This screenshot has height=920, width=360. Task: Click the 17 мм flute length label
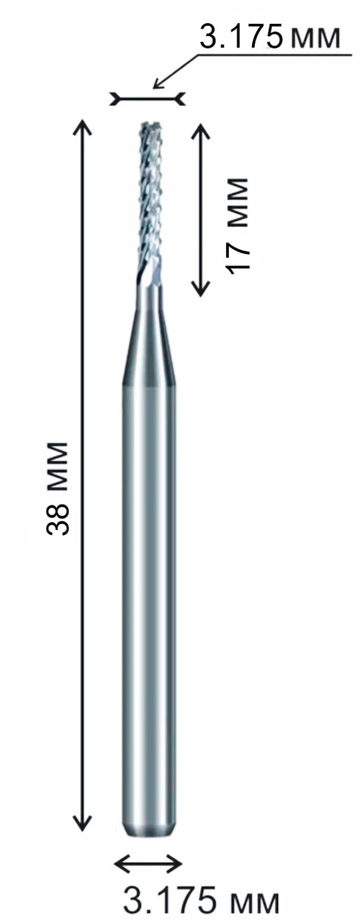point(238,225)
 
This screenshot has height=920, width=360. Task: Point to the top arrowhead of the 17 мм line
point(201,130)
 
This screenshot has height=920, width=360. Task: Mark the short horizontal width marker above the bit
point(148,99)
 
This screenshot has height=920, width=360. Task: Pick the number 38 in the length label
point(58,516)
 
